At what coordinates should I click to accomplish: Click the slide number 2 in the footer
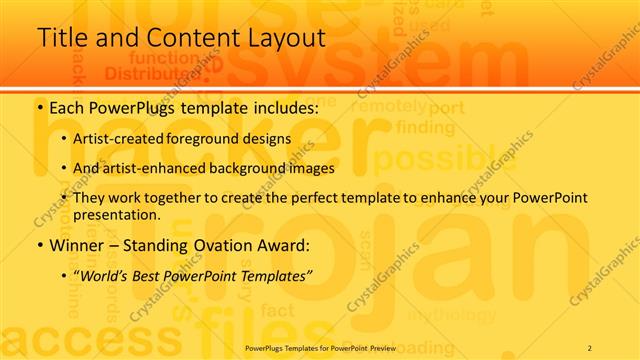pyautogui.click(x=590, y=347)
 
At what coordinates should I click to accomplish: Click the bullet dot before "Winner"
pyautogui.click(x=40, y=245)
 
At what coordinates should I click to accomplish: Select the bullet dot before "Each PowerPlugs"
pyautogui.click(x=40, y=106)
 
